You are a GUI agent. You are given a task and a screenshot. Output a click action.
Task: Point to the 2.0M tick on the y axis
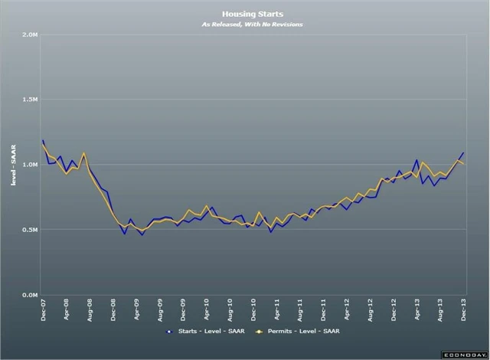[x=31, y=34]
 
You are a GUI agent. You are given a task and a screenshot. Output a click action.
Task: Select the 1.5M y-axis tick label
[x=31, y=100]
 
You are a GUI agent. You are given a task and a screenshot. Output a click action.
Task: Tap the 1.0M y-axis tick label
[x=31, y=165]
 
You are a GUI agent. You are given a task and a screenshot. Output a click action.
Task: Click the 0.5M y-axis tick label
[x=31, y=230]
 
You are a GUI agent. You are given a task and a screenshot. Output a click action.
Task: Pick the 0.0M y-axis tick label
[x=31, y=295]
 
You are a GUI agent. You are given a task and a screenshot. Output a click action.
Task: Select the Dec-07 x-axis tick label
[x=43, y=312]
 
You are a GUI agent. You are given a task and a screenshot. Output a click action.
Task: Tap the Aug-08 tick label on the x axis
[x=90, y=312]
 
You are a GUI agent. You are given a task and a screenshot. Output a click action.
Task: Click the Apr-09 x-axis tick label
[x=137, y=312]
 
